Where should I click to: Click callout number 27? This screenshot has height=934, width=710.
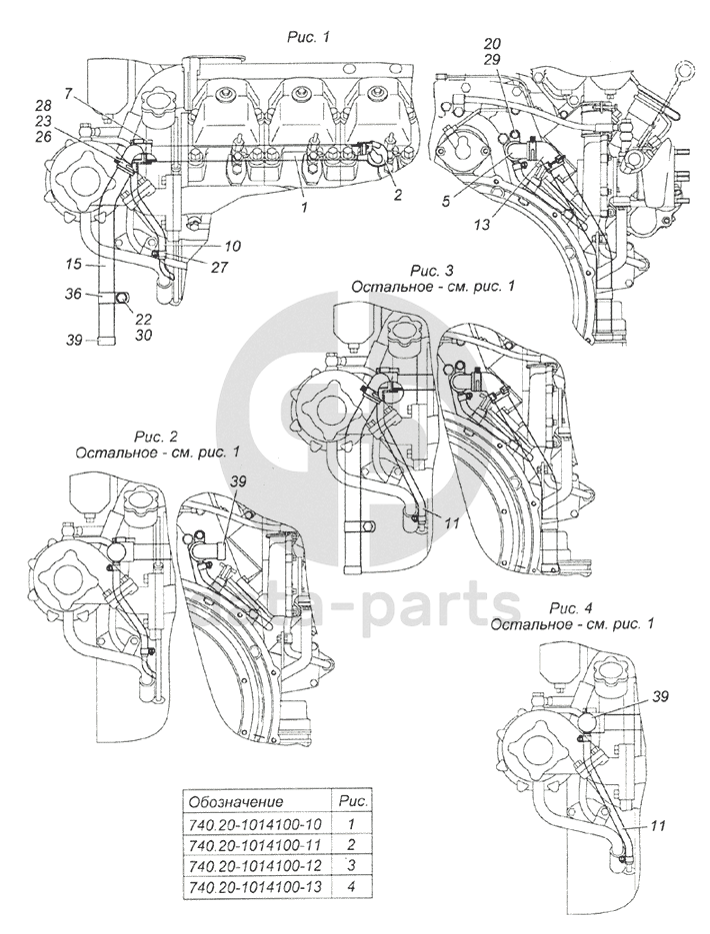(x=219, y=267)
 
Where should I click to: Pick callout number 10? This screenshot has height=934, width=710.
(x=216, y=245)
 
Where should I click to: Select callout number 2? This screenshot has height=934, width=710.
(x=398, y=194)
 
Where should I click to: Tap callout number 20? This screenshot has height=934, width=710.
(x=492, y=43)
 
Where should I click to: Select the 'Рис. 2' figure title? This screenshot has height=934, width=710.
(x=157, y=436)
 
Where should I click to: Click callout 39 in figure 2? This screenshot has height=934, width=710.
(x=238, y=480)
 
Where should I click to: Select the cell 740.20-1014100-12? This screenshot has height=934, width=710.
(x=255, y=864)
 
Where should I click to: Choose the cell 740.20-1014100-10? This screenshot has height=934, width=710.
(x=255, y=824)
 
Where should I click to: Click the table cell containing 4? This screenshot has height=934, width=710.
(x=352, y=886)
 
